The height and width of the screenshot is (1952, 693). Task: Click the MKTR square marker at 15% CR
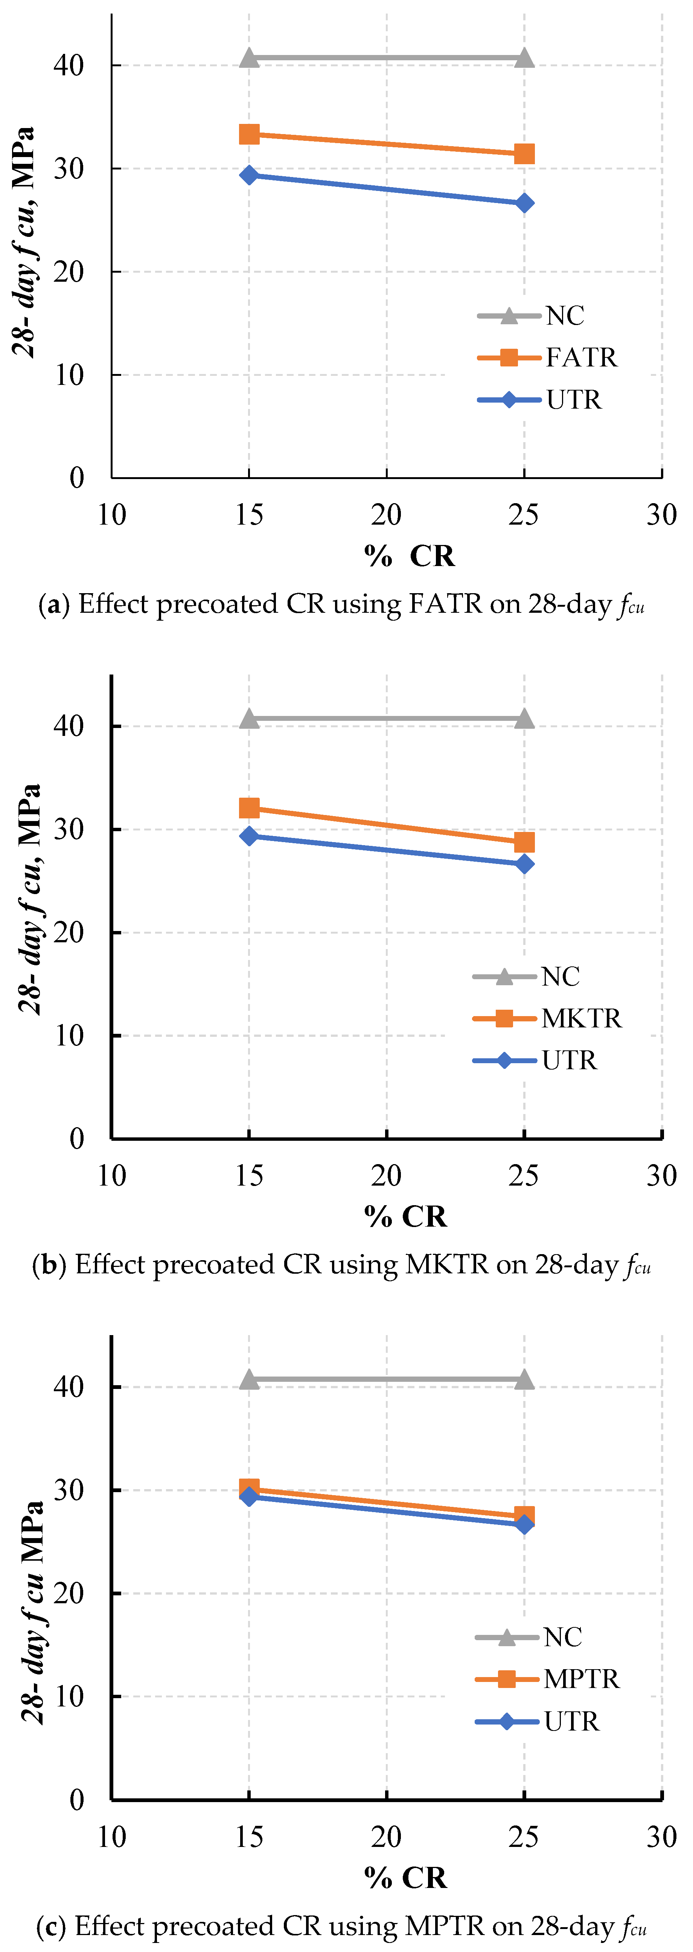tap(249, 808)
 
